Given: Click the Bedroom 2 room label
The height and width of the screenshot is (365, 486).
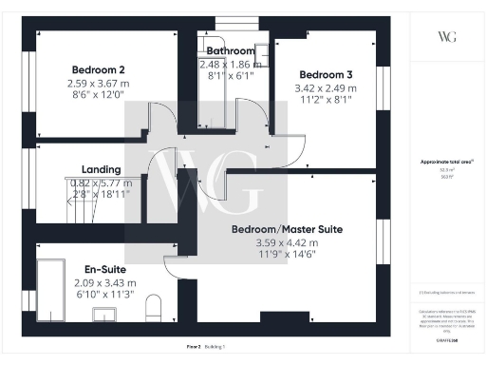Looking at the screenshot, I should click(x=98, y=69).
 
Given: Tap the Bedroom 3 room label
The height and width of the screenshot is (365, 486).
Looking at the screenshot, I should click(x=326, y=75).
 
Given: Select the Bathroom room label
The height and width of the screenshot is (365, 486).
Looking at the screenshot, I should click(x=231, y=50).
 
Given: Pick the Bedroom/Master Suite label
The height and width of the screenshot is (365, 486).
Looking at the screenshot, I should click(x=288, y=229).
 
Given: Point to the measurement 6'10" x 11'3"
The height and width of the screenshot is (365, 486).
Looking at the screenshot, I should click(x=104, y=295).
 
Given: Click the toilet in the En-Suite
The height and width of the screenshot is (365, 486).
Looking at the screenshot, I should click(x=158, y=308).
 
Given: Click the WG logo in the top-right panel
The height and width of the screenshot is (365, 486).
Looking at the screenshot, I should click(x=446, y=36).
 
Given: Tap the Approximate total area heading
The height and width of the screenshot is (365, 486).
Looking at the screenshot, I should click(x=445, y=162).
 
